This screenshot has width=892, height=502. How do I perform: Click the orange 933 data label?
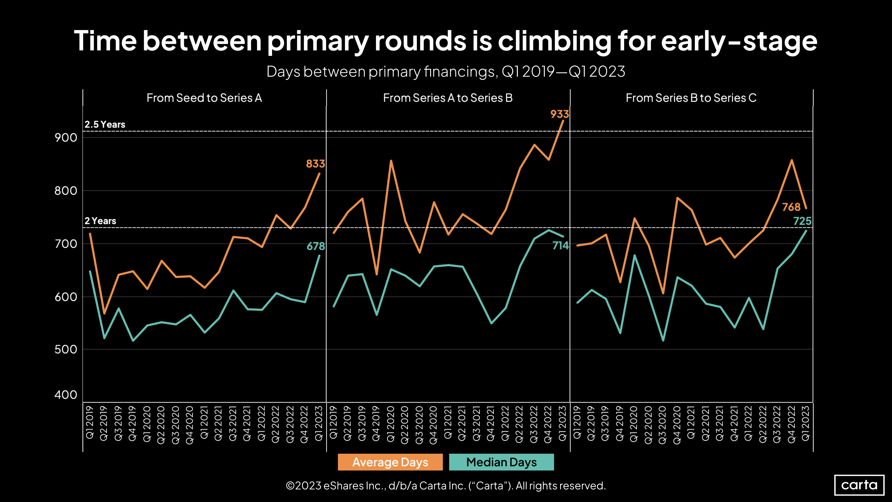559,114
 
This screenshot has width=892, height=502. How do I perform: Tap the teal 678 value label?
315,246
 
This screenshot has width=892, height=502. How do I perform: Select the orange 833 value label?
315,164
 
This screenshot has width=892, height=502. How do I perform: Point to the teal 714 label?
560,246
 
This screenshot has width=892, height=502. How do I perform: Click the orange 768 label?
791,207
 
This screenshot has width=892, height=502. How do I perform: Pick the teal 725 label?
802,221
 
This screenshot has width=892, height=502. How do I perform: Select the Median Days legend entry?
501,462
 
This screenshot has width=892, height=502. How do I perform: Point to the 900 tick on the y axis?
66,138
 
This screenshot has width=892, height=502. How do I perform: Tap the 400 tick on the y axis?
66,395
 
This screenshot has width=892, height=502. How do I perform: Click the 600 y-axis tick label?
66,297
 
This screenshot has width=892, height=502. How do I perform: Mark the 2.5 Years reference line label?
105,124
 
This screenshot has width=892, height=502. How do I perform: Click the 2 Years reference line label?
100,221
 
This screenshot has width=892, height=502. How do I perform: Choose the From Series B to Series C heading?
691,98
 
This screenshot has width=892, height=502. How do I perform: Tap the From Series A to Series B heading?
447,98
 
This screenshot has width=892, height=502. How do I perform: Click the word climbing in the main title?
554,41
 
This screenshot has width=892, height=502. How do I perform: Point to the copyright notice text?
446,485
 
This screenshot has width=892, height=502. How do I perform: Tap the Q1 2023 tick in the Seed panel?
318,423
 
